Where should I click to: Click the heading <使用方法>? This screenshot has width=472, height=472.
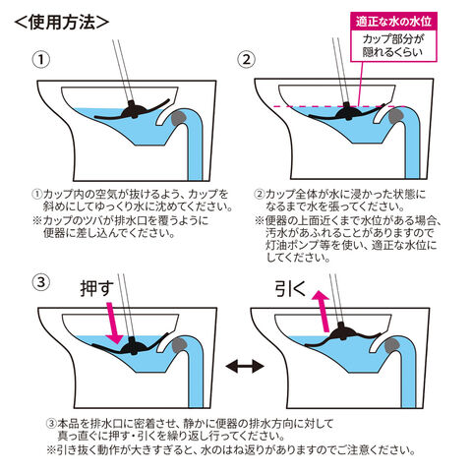[x=62, y=23]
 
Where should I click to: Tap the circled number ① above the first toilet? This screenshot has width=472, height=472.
[x=41, y=60]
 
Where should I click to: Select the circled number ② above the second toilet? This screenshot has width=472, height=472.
[x=246, y=59]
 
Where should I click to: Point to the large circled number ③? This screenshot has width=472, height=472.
[x=41, y=282]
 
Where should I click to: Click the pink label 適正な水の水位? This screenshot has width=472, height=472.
[x=393, y=22]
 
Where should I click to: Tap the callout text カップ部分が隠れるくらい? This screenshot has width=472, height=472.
[x=392, y=45]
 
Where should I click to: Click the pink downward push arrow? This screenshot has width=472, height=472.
[x=113, y=323]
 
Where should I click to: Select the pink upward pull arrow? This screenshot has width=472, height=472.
[x=322, y=311]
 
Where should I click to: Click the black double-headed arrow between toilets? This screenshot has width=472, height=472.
[x=245, y=366]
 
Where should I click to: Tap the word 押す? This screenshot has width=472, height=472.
[x=97, y=289]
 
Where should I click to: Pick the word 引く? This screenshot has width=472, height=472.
[x=290, y=289]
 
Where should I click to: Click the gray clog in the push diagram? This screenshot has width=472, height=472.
[x=179, y=346]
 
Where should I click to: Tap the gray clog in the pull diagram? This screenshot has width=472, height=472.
[x=392, y=346]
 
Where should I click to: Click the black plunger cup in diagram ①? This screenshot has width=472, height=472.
[x=133, y=111]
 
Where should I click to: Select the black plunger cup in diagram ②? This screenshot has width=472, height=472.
[x=347, y=111]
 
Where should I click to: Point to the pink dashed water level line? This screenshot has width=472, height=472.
[x=339, y=106]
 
